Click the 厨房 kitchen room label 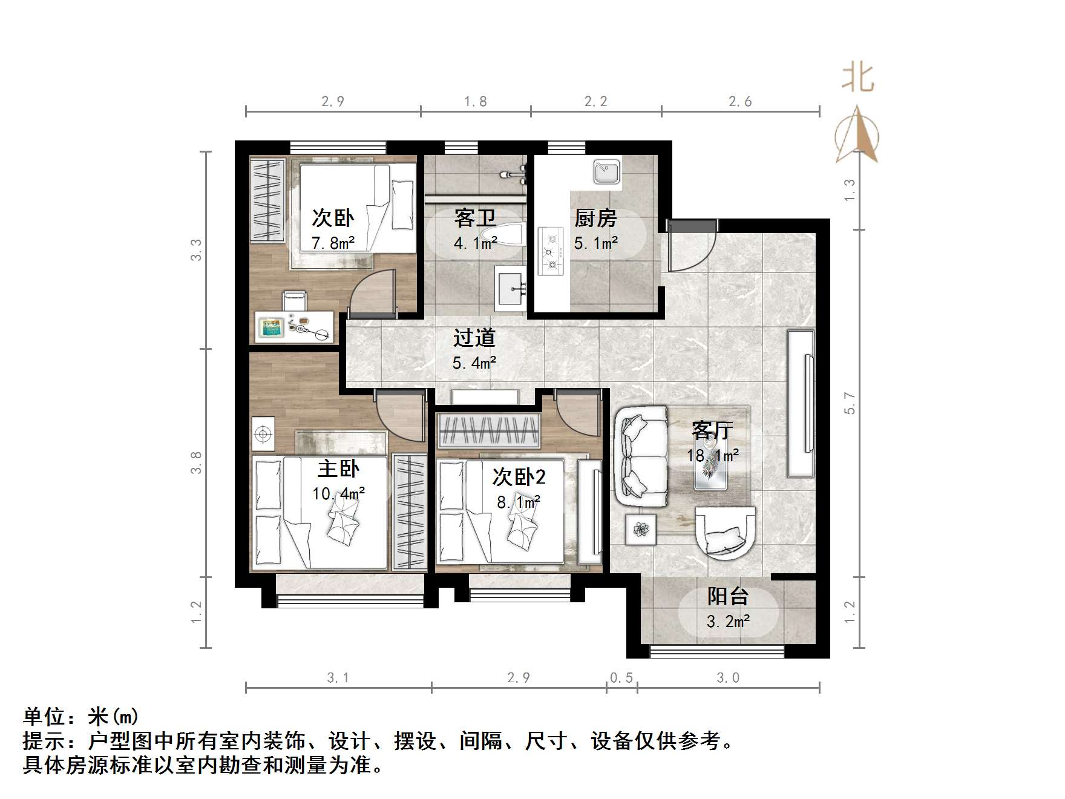[595, 218]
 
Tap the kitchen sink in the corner [606, 172]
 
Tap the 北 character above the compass [858, 79]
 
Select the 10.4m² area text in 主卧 [338, 493]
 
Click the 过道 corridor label [474, 338]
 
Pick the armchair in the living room [725, 533]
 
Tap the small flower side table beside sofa [640, 530]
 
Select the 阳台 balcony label [728, 596]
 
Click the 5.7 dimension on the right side [850, 403]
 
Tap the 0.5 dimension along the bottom [621, 677]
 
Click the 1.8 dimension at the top [475, 101]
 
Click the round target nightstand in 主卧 [263, 433]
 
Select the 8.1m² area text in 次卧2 [519, 502]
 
